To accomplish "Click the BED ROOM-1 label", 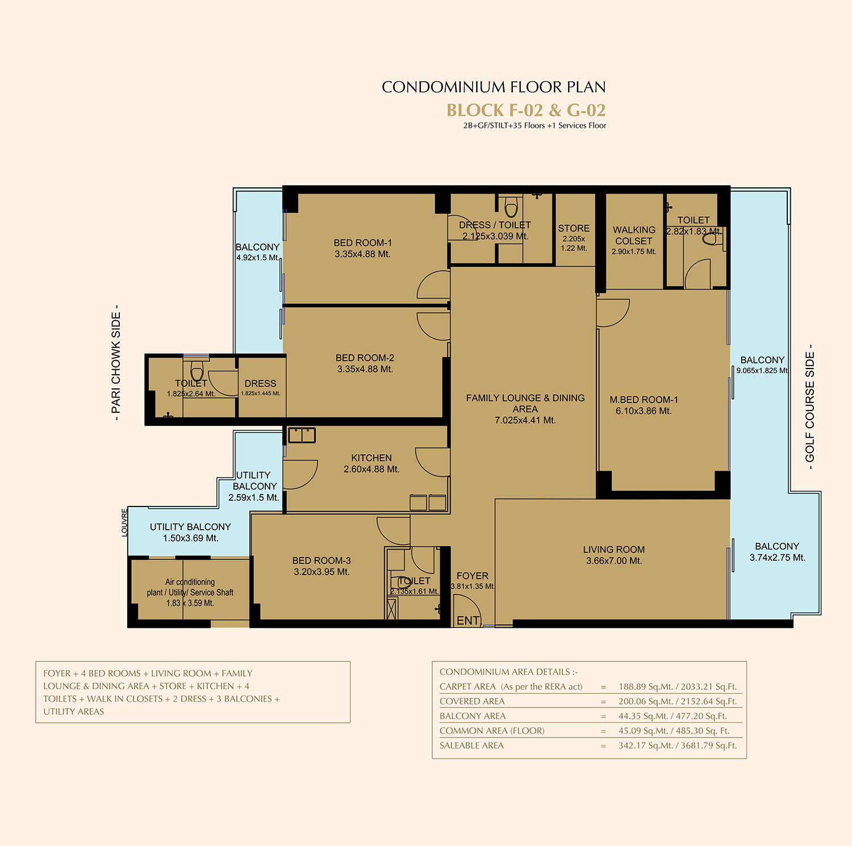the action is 362,243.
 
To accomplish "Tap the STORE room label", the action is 574,228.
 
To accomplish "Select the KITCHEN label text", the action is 371,458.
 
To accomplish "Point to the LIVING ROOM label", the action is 614,550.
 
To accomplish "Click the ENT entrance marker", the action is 468,621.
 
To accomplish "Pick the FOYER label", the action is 473,576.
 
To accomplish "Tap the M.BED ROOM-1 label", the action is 644,400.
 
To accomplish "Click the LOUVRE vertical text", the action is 125,522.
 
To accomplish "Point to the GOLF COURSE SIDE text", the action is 810,407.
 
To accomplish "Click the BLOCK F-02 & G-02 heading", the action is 526,110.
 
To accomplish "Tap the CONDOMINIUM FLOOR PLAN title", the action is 494,87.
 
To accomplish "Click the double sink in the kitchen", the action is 302,435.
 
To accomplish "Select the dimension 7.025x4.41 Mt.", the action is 525,420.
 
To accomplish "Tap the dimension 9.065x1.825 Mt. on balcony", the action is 762,371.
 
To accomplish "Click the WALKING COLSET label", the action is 634,236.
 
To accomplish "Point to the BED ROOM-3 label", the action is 321,561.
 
